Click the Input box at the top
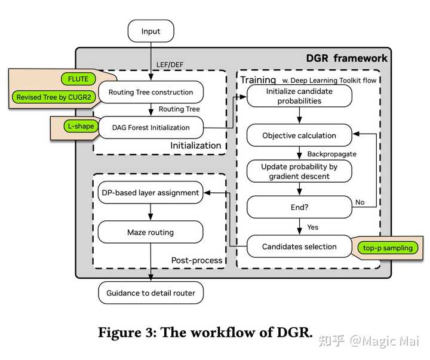click(x=150, y=32)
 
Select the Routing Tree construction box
click(x=150, y=93)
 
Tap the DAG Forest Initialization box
click(x=150, y=127)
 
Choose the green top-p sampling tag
click(x=388, y=248)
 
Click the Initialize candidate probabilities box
click(x=299, y=97)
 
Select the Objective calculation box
click(x=299, y=136)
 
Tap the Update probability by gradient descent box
click(x=299, y=171)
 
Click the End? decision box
click(x=299, y=207)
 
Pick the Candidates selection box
click(x=299, y=246)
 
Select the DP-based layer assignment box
click(x=150, y=193)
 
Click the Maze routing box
click(x=150, y=232)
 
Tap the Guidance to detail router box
click(x=150, y=293)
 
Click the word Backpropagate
click(x=331, y=154)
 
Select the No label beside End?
click(x=360, y=202)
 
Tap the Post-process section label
click(x=196, y=260)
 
